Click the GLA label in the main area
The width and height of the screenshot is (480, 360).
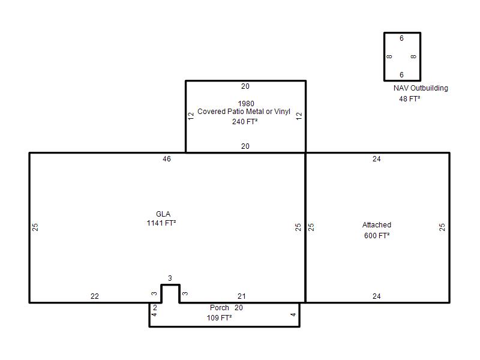(x=163, y=214)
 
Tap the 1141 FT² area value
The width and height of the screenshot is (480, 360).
(x=161, y=223)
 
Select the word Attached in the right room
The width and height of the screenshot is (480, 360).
(x=377, y=225)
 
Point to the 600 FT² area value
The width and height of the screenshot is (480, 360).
(x=377, y=235)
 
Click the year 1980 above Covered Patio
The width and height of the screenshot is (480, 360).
(x=246, y=103)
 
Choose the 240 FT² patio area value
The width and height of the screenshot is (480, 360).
(x=245, y=122)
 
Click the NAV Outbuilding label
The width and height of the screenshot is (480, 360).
(x=421, y=88)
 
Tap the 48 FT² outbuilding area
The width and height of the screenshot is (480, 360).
(x=410, y=99)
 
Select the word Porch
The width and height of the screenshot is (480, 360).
(x=220, y=308)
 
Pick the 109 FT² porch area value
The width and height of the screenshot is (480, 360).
(x=219, y=318)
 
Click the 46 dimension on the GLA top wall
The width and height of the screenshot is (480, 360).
(x=167, y=159)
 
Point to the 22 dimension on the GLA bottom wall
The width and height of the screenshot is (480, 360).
(x=95, y=296)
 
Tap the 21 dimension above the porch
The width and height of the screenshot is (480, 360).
(x=242, y=296)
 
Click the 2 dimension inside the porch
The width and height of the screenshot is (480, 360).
(x=155, y=308)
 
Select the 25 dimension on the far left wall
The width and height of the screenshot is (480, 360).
(x=35, y=227)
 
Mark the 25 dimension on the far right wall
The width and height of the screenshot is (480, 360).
(x=442, y=227)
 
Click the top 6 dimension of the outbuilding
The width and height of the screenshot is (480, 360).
(x=401, y=38)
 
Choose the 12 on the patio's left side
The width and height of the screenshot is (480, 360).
(x=191, y=116)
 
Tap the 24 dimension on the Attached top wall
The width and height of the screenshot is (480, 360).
(x=377, y=159)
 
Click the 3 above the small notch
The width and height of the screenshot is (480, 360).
(x=170, y=278)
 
